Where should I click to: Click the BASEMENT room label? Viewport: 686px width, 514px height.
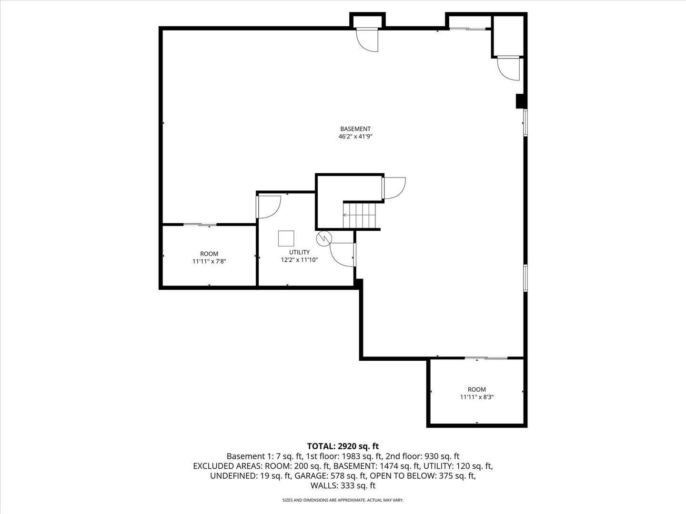click(355, 128)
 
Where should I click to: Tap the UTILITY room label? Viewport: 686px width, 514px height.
click(299, 252)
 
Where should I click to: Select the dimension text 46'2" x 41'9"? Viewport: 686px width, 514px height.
click(355, 137)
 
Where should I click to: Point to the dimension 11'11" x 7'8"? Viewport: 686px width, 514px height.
click(209, 261)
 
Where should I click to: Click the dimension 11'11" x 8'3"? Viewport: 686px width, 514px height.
click(476, 397)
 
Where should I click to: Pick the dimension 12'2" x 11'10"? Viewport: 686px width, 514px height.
click(299, 260)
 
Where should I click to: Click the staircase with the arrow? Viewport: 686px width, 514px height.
click(361, 215)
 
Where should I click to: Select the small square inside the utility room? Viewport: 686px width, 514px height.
click(286, 237)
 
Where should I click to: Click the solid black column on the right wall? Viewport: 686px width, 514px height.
click(520, 101)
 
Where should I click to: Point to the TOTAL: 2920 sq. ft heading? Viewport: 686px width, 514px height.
click(343, 446)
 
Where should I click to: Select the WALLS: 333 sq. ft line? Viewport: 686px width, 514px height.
click(343, 485)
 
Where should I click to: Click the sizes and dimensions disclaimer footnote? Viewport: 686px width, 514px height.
click(343, 500)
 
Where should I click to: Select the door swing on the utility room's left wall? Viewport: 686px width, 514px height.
click(268, 207)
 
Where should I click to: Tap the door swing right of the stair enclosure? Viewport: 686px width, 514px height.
click(394, 188)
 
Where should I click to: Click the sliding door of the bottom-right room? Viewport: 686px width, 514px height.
click(486, 358)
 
